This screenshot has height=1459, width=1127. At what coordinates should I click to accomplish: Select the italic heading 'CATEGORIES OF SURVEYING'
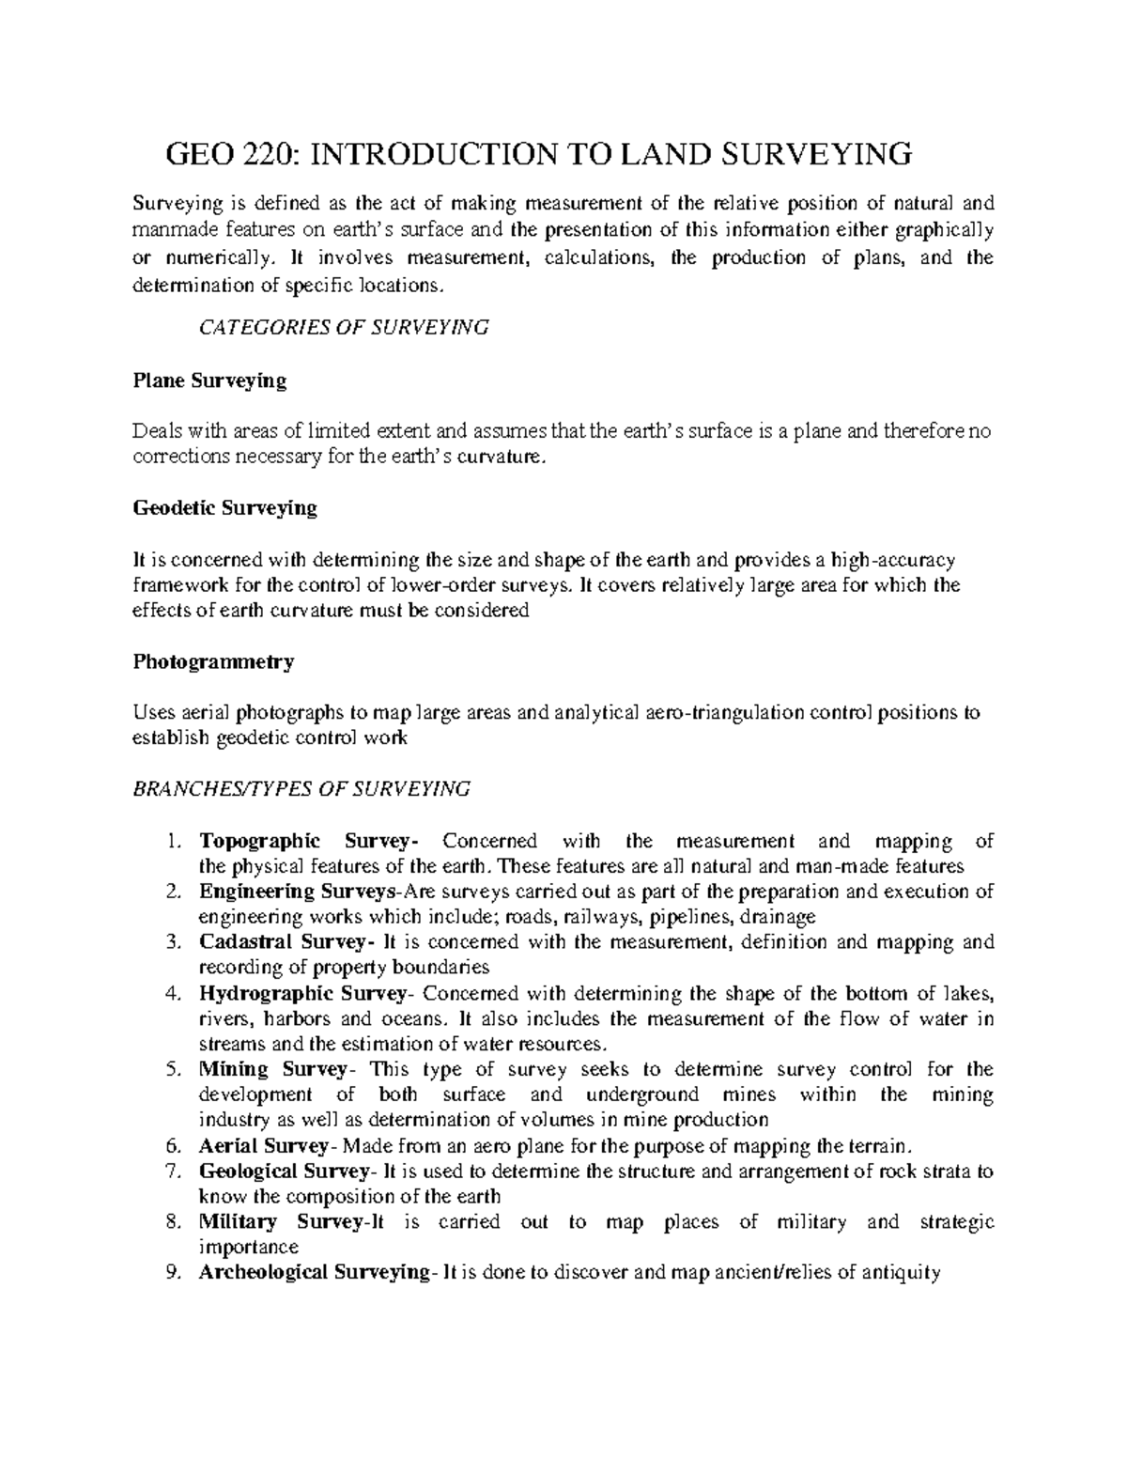point(345,327)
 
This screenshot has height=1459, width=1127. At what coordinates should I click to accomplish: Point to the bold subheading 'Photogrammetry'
point(213,661)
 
